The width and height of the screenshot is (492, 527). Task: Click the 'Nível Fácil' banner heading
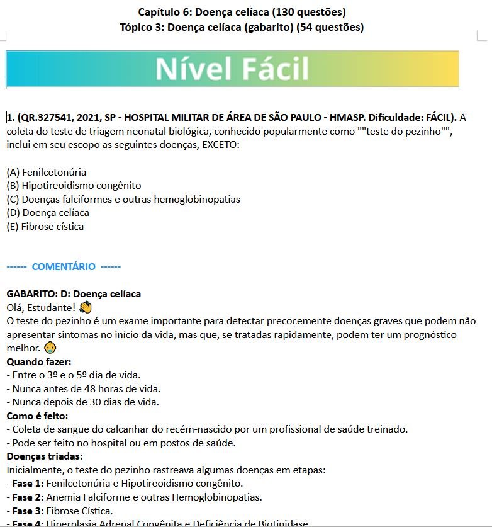coord(232,69)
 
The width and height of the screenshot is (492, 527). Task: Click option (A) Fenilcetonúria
coord(47,172)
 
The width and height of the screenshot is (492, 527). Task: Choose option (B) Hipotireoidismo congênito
coord(74,186)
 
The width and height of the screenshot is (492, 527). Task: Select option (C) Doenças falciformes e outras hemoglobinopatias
coord(123,199)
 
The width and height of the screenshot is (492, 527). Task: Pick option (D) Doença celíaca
coord(48,213)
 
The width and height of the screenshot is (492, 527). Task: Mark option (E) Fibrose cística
coord(45,226)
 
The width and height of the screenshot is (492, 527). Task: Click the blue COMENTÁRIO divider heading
coord(64,266)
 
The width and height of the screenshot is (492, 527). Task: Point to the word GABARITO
coord(30,294)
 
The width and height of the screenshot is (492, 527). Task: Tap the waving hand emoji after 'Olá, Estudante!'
coord(86,308)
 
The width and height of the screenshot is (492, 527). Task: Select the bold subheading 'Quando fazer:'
coord(39,362)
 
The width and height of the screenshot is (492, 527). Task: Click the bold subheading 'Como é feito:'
coord(38,416)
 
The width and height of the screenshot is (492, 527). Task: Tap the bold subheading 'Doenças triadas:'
coord(45,456)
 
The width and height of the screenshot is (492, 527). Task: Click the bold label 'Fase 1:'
coord(28,484)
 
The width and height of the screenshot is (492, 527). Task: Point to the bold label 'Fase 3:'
coord(28,511)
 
